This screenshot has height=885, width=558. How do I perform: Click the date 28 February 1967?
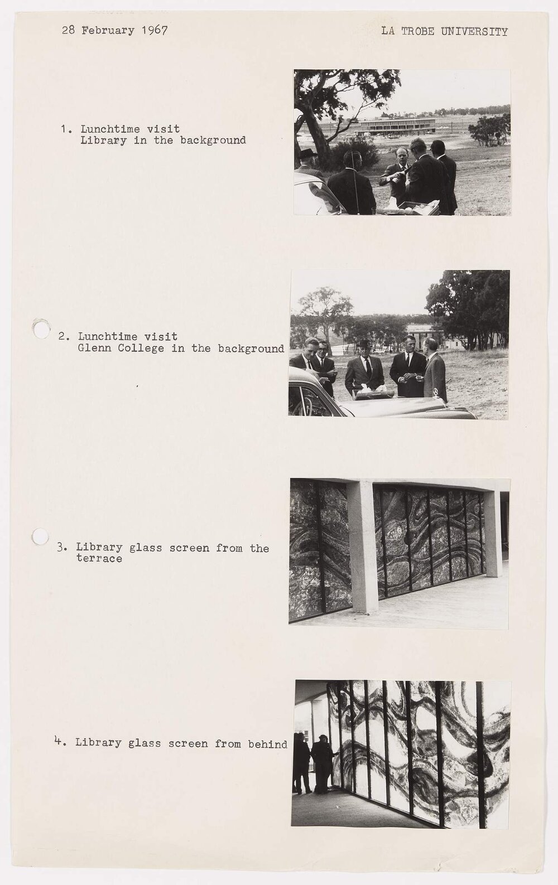(x=114, y=31)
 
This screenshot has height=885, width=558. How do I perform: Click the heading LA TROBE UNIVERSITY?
(x=444, y=31)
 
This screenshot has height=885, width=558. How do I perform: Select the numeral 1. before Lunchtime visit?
(x=66, y=129)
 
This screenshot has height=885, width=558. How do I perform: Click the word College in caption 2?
(x=139, y=349)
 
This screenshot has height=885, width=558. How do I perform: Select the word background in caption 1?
(x=213, y=141)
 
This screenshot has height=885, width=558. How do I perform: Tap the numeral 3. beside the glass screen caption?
(x=61, y=548)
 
